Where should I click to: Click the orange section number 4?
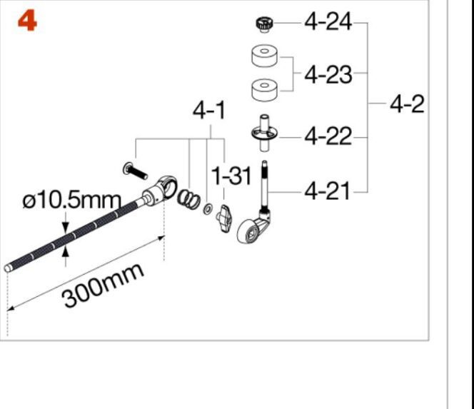(x=27, y=21)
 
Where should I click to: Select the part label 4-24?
(x=328, y=21)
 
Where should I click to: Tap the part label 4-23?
(x=328, y=75)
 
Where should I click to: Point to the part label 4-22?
(x=328, y=136)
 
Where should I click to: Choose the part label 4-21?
(x=327, y=191)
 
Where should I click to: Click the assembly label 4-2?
(x=407, y=104)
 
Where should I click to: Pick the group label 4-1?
(x=209, y=111)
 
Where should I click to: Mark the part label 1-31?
(x=231, y=176)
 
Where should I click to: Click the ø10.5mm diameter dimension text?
(x=72, y=200)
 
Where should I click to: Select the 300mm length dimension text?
(x=103, y=285)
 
